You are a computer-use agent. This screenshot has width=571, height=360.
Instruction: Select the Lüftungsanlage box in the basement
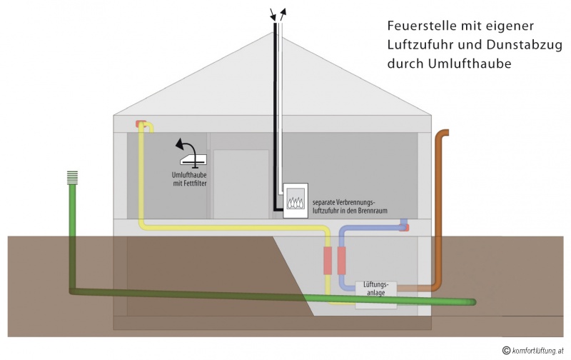click(x=376, y=289)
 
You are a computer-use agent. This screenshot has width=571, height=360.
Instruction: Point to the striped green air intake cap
click(x=71, y=177)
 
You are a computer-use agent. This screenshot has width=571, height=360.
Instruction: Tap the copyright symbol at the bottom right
click(x=506, y=350)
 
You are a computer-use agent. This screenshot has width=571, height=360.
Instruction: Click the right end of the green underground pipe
click(x=472, y=303)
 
